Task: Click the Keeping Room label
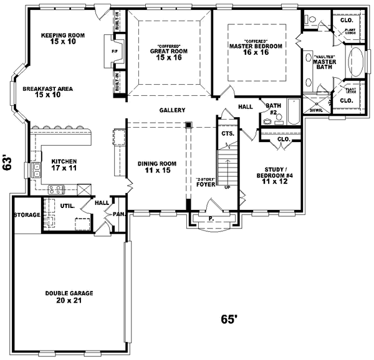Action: [63, 39]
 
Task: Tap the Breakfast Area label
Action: [48, 92]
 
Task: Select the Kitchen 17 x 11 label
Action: [64, 164]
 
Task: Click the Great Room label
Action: [165, 53]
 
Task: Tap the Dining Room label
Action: [157, 167]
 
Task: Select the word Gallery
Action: [172, 110]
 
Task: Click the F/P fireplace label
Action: [114, 51]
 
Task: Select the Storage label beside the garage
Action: [27, 215]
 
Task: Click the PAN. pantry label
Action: [117, 215]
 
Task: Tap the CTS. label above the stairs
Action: [227, 133]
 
